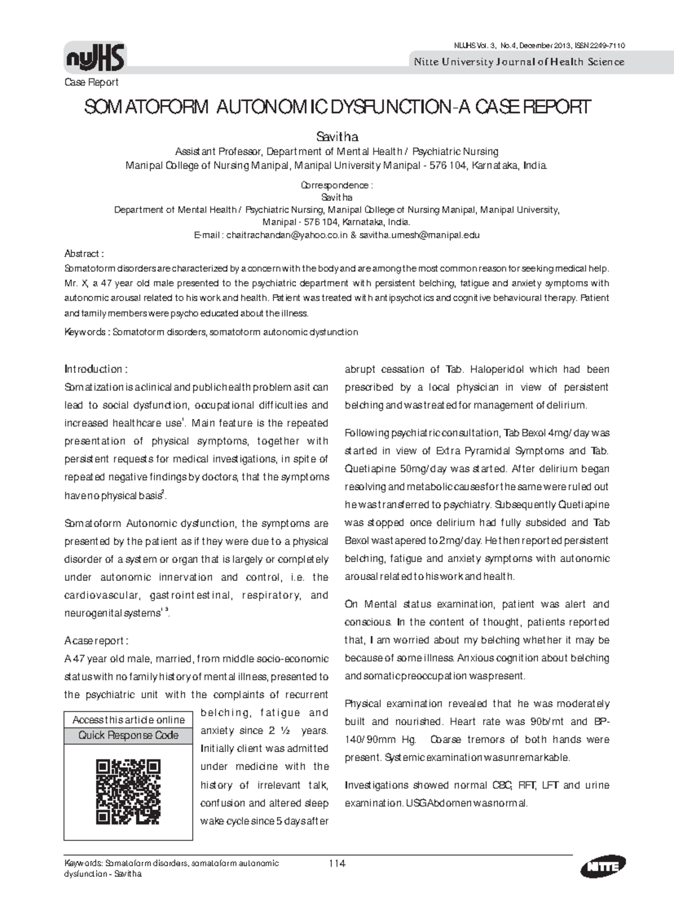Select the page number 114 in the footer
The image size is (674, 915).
[336, 864]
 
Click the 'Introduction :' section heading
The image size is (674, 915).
[96, 369]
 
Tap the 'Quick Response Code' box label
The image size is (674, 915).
[129, 736]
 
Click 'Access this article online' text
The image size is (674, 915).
[129, 720]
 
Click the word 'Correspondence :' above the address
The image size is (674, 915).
[337, 185]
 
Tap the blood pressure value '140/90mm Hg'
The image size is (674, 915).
[380, 739]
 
